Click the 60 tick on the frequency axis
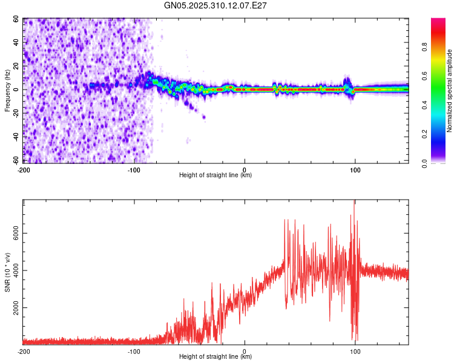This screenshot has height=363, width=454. (x=16, y=19)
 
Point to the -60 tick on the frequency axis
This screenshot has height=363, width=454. (x=15, y=160)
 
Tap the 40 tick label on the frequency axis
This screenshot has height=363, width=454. (x=16, y=43)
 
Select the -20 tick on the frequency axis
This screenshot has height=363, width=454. (x=15, y=113)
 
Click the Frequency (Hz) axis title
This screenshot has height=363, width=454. (x=8, y=91)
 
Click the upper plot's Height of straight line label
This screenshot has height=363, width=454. (x=215, y=175)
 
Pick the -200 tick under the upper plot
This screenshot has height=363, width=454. (x=24, y=169)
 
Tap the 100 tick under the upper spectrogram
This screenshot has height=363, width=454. (x=355, y=169)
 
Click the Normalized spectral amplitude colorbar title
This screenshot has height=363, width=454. (x=449, y=91)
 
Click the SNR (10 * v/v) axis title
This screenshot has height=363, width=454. (x=8, y=272)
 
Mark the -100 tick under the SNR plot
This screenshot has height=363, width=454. (x=134, y=351)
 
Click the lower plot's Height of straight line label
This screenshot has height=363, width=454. (x=215, y=357)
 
